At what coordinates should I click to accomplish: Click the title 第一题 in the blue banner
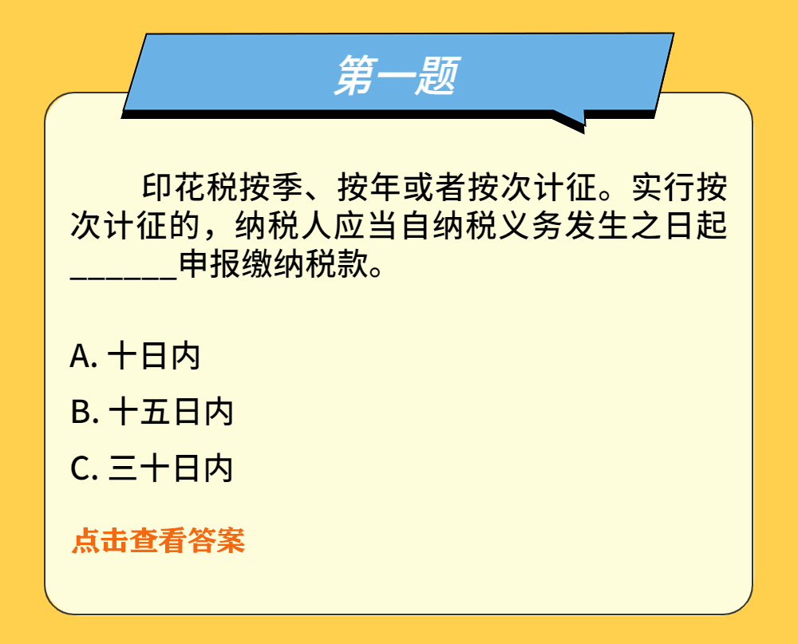point(397,75)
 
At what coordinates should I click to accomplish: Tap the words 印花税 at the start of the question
point(190,188)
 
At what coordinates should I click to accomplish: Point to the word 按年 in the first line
point(369,188)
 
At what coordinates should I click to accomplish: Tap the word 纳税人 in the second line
point(283,226)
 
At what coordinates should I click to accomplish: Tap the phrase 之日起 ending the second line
point(678,226)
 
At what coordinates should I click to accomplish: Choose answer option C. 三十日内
point(152,468)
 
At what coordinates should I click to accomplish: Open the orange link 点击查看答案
point(158,540)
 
